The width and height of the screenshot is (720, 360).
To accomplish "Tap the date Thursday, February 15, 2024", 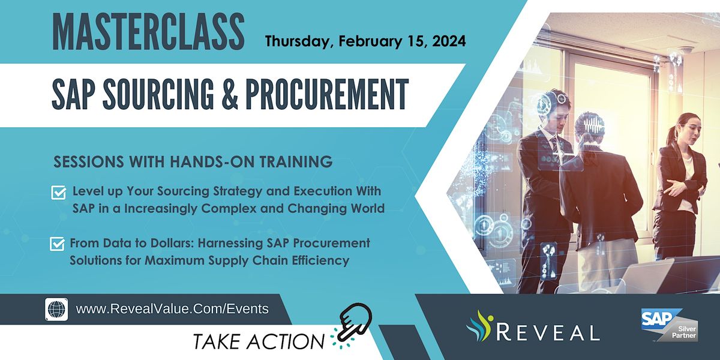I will [365, 42].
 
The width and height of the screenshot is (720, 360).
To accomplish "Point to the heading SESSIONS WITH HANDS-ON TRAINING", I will [193, 161].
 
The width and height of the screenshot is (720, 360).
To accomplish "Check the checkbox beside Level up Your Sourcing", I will [59, 193].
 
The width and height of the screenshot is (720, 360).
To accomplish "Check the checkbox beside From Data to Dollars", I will [58, 244].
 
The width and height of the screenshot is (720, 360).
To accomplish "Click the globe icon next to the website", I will [56, 309].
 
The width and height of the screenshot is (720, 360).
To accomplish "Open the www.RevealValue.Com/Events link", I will [172, 309].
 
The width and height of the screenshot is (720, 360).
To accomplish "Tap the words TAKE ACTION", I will [259, 341].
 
